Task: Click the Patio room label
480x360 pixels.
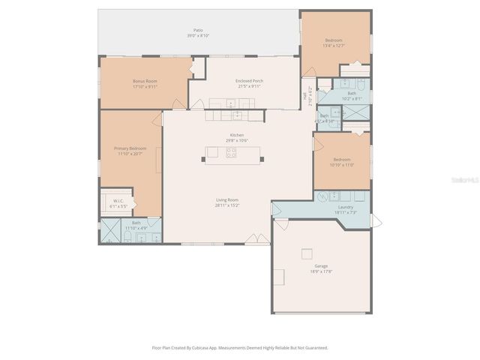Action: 198,33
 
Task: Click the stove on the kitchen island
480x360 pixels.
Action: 232,154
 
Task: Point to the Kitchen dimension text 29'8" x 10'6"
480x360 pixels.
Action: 237,140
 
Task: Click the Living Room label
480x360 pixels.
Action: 227,199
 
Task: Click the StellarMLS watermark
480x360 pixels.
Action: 464,180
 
